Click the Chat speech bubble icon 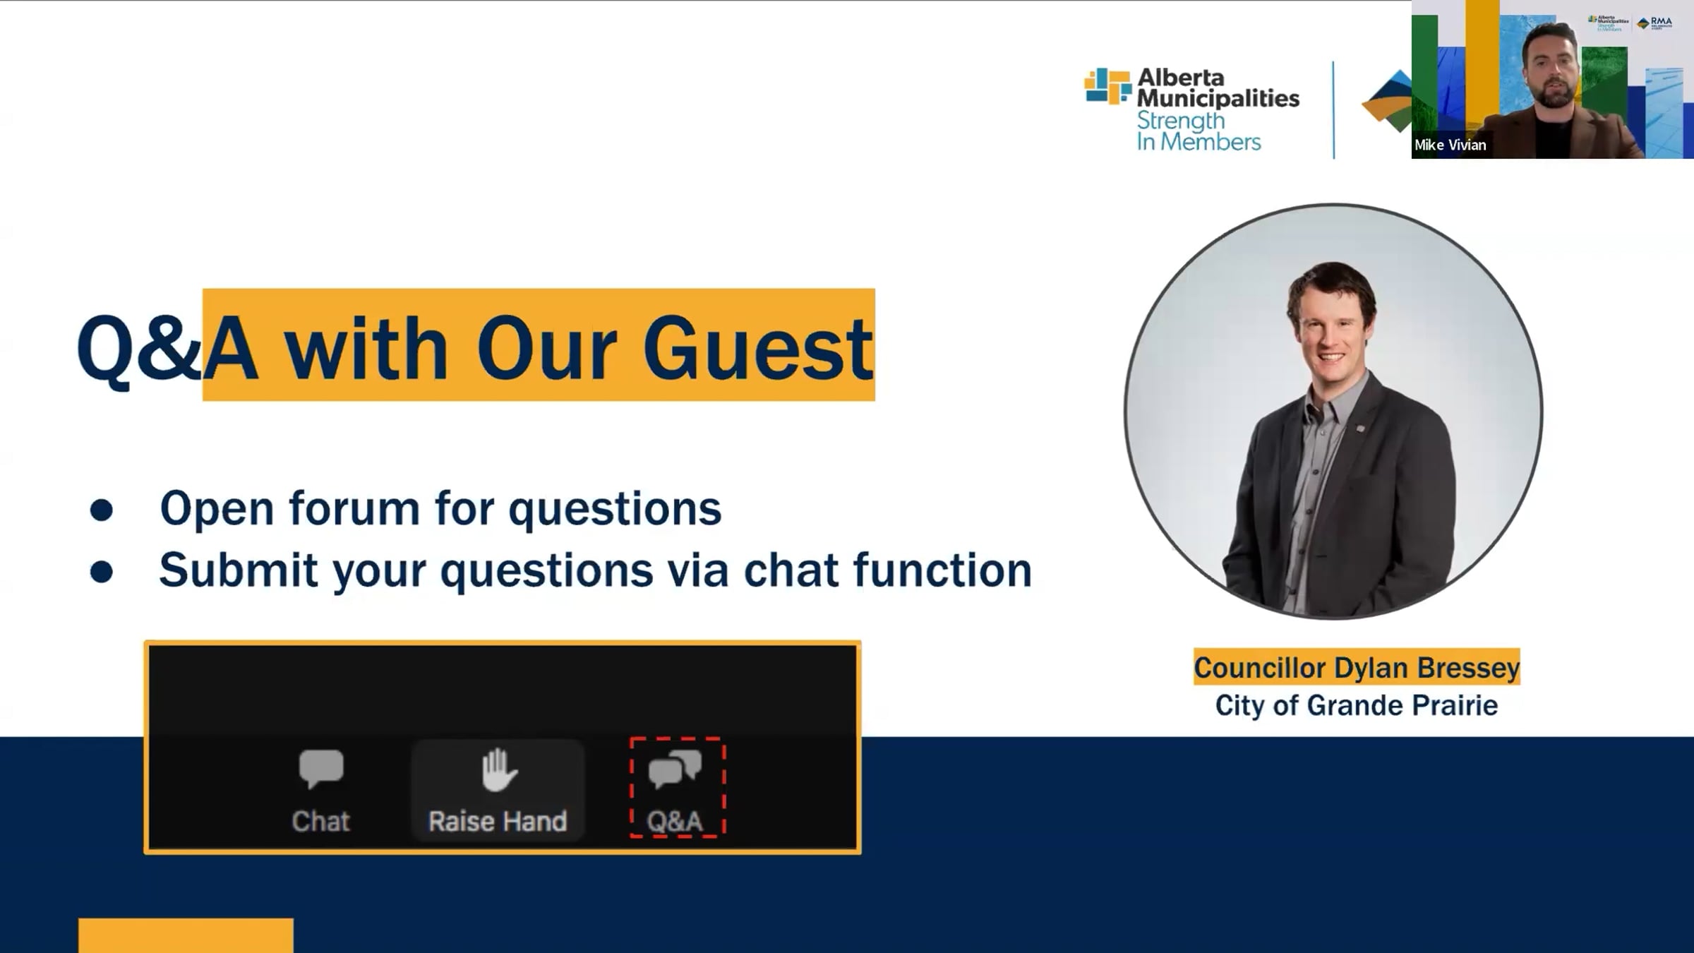[x=321, y=769]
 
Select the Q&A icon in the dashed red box [x=675, y=769]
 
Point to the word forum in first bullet [x=354, y=508]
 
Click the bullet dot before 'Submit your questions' [x=102, y=572]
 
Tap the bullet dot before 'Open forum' [x=102, y=510]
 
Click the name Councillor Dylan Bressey [x=1357, y=667]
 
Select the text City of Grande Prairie [x=1356, y=705]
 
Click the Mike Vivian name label [x=1450, y=145]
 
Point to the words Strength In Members [x=1199, y=131]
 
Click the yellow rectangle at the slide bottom [x=186, y=935]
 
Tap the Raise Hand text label [x=498, y=822]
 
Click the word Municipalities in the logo [x=1218, y=98]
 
